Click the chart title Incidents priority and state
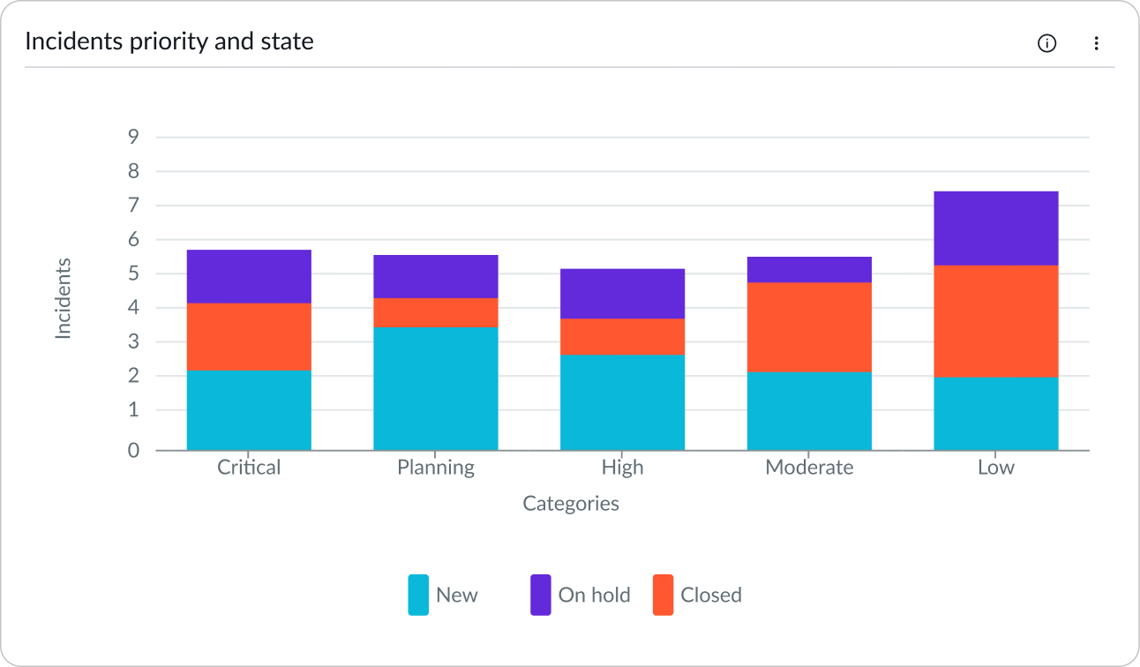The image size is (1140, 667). [169, 41]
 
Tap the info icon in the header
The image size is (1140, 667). [1046, 43]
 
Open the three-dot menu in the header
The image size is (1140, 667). [1096, 43]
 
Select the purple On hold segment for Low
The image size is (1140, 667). [995, 229]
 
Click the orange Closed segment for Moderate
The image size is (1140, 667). [809, 326]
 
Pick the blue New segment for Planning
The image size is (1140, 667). [435, 388]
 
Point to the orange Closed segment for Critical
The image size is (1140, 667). [249, 336]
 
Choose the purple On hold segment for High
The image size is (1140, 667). [622, 294]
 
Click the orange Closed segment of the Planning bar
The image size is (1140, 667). [435, 312]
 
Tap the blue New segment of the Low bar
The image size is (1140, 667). [995, 413]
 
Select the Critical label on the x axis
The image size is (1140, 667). [249, 467]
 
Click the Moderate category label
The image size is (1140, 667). [809, 467]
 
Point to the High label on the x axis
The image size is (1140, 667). [622, 467]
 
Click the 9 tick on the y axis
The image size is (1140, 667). [133, 137]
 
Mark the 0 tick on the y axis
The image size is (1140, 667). [133, 450]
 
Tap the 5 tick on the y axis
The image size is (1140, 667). [133, 274]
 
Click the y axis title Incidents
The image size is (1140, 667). [63, 298]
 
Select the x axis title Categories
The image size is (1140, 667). [571, 504]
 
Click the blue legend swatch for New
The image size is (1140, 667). [418, 595]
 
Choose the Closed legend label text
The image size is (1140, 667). [710, 595]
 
